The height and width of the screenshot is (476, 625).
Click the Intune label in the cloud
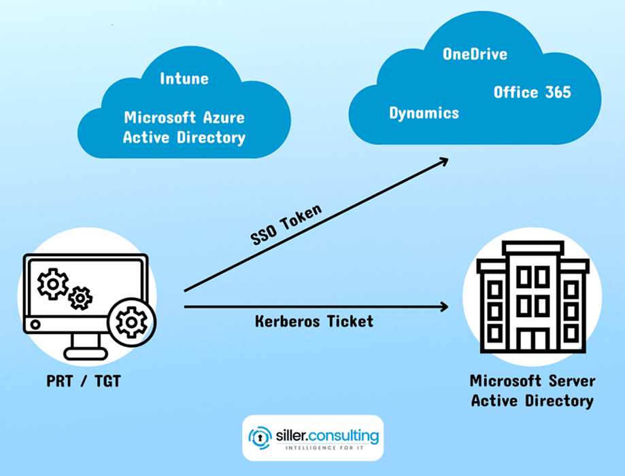click(184, 78)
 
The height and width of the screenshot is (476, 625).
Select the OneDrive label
click(475, 54)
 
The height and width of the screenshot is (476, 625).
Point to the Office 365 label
click(533, 92)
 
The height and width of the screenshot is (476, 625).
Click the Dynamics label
click(424, 113)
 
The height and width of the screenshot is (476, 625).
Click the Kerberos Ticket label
click(314, 321)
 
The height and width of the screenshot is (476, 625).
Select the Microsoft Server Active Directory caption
click(532, 390)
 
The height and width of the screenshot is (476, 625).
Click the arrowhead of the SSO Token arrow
click(443, 161)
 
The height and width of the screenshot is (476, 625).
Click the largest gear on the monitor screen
click(52, 284)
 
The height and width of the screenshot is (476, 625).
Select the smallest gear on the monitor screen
click(81, 297)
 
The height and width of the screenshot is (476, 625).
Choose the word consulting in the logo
click(344, 433)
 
